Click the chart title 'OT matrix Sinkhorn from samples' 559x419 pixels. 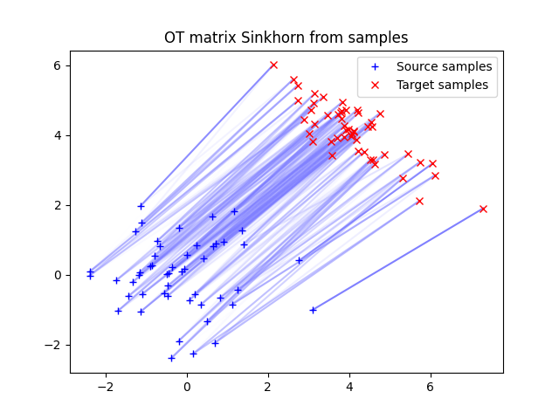point(286,38)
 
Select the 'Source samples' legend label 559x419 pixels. point(444,66)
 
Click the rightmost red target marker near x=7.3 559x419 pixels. point(483,209)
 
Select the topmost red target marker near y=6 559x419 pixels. point(273,65)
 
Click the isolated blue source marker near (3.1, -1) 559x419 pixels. point(313,310)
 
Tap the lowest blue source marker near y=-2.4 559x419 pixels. point(171,358)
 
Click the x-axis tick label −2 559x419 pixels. point(106,387)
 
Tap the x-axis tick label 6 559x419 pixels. point(431,387)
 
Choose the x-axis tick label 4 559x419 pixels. point(349,387)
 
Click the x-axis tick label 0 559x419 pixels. point(187,387)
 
